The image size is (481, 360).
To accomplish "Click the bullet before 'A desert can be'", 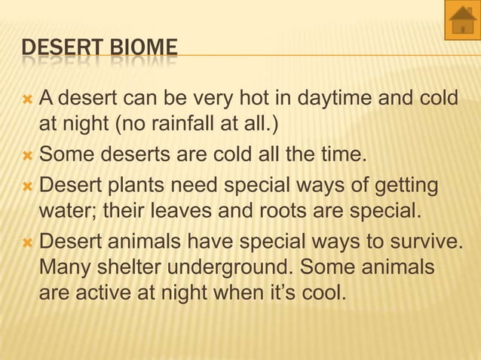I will [28, 98].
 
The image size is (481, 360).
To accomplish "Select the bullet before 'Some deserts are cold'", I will [28, 157].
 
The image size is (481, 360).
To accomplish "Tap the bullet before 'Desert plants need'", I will [28, 185].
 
